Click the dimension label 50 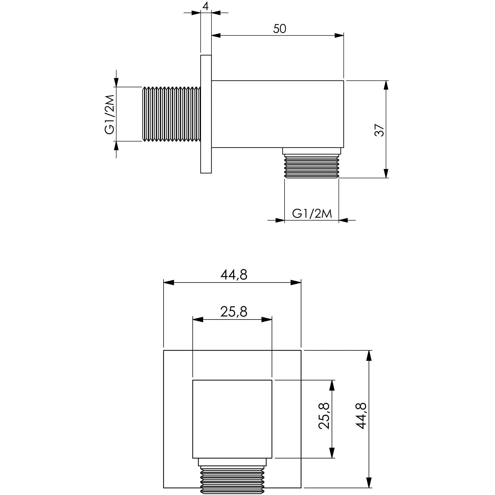click(280, 29)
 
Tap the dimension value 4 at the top click(206, 6)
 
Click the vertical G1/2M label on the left click(110, 114)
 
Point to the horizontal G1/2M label click(312, 214)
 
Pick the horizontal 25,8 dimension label click(234, 312)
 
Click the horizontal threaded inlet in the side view click(171, 114)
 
